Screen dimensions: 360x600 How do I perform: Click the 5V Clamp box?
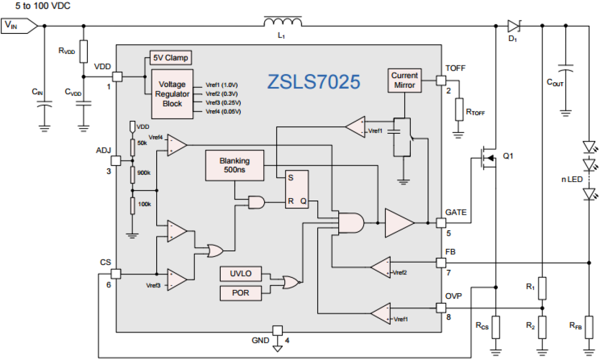[170, 58]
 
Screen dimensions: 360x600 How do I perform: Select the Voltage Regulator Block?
[172, 94]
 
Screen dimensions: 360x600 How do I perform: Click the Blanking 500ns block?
[235, 166]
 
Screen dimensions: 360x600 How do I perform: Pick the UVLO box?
[241, 274]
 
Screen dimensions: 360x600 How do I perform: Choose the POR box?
[241, 293]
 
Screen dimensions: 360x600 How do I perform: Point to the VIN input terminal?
[18, 25]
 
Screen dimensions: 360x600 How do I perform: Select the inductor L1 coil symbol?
[283, 22]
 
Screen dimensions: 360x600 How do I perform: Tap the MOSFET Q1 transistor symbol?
[487, 158]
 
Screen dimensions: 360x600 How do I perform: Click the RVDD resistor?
[84, 52]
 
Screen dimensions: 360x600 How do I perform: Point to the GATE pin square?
[441, 222]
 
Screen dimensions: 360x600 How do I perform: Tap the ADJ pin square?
[116, 161]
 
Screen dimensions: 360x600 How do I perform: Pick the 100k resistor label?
[144, 204]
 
